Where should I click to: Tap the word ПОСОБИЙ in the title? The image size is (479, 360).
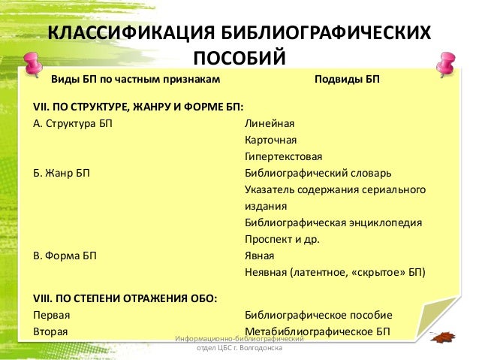239,58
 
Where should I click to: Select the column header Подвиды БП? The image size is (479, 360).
346,79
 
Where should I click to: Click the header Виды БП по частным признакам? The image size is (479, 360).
135,79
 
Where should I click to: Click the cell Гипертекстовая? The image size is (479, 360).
283,156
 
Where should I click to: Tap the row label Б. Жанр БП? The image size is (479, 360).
62,173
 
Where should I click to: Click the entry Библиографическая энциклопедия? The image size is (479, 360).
333,222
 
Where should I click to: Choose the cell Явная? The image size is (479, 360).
259,256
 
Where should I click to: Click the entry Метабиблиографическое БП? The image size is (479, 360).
318,331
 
